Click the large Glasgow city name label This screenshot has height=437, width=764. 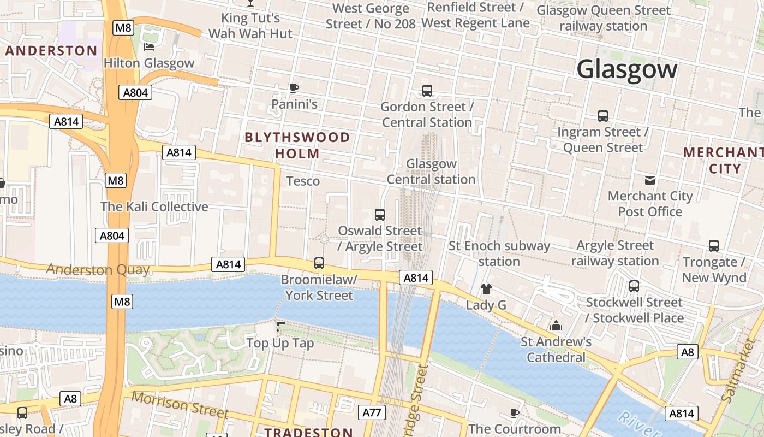click(x=626, y=69)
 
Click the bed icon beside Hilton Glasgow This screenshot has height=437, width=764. click(x=148, y=47)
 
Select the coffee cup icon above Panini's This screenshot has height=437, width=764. click(x=294, y=88)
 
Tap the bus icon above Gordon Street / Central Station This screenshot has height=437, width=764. click(x=427, y=91)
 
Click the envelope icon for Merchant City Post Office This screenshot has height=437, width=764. click(x=650, y=180)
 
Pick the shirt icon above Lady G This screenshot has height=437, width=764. click(x=486, y=289)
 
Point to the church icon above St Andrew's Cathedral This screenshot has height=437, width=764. click(x=556, y=326)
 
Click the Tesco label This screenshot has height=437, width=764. click(x=303, y=181)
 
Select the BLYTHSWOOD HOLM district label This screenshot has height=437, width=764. click(x=297, y=145)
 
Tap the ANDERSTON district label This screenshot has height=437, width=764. click(x=51, y=51)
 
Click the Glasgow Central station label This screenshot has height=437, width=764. click(x=431, y=172)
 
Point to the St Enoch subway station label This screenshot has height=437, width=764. click(x=499, y=253)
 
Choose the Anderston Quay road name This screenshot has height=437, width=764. click(x=98, y=269)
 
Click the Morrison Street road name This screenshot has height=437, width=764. click(x=180, y=405)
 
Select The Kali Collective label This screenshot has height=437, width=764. click(x=154, y=206)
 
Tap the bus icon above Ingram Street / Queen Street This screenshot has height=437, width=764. click(x=602, y=116)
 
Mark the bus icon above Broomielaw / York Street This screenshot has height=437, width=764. click(x=319, y=263)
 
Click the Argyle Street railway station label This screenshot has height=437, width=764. click(x=615, y=253)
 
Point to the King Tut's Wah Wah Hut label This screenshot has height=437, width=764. click(x=250, y=26)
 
